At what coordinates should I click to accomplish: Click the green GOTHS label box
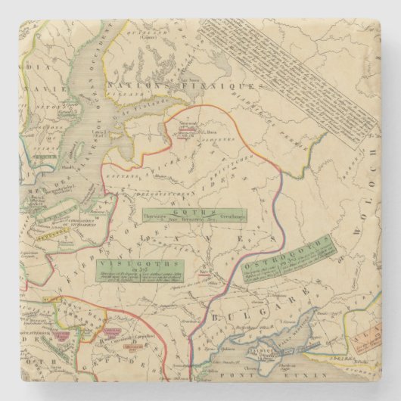click(x=193, y=216)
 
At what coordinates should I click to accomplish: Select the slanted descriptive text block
click(x=288, y=72)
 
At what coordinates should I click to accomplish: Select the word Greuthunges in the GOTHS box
click(x=227, y=219)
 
